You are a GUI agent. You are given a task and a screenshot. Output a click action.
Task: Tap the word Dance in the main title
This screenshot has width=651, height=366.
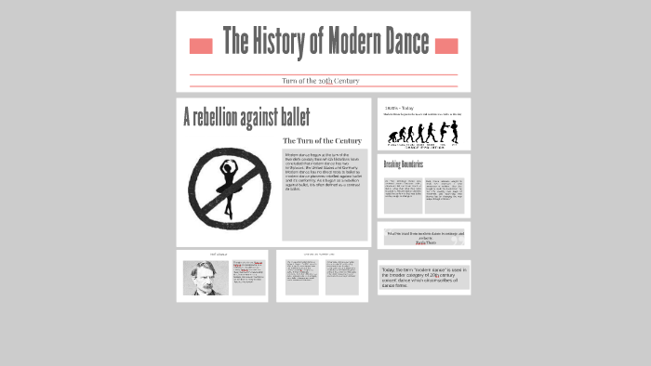pyautogui.click(x=405, y=42)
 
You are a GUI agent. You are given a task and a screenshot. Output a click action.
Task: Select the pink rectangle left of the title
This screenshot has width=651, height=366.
pyautogui.click(x=201, y=46)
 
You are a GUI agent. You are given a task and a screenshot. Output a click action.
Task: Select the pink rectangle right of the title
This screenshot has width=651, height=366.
pyautogui.click(x=446, y=46)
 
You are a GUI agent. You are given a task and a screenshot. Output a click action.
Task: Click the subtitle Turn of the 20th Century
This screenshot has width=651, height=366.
pyautogui.click(x=320, y=81)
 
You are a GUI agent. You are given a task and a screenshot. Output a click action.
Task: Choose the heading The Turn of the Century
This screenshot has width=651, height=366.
pyautogui.click(x=322, y=140)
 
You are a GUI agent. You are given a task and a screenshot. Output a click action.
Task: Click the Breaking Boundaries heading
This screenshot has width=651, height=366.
pyautogui.click(x=404, y=164)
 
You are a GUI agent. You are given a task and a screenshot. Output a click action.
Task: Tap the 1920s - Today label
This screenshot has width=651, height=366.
pyautogui.click(x=399, y=108)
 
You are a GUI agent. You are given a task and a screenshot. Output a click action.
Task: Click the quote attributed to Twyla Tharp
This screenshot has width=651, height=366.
pyautogui.click(x=424, y=237)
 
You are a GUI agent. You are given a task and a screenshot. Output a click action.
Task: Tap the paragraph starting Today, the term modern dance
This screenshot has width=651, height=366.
pyautogui.click(x=423, y=277)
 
